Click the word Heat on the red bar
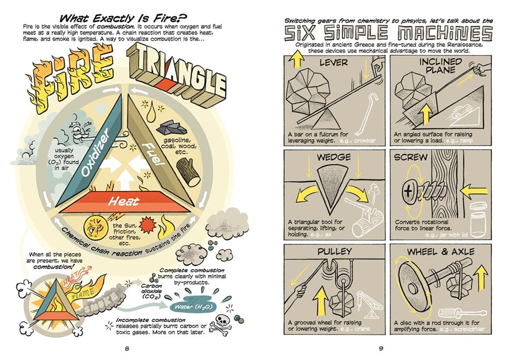pyautogui.click(x=124, y=202)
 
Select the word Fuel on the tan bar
pyautogui.click(x=153, y=154)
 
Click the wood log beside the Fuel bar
pyautogui.click(x=188, y=172)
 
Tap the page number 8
pyautogui.click(x=127, y=349)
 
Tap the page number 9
pyautogui.click(x=381, y=349)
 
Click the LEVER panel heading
pyautogui.click(x=334, y=62)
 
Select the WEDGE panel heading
pyautogui.click(x=334, y=157)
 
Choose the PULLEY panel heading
pyautogui.click(x=334, y=251)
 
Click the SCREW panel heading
pyautogui.click(x=410, y=157)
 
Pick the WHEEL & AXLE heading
pyautogui.click(x=440, y=251)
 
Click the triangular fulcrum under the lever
pyautogui.click(x=326, y=119)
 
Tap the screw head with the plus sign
pyautogui.click(x=408, y=191)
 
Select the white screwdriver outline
pyautogui.click(x=462, y=313)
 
